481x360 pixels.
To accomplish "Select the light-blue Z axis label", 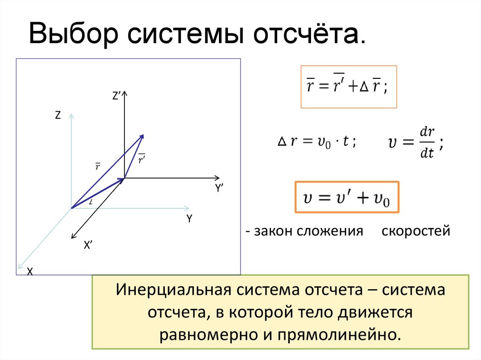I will click(58, 115).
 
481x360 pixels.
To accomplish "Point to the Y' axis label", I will click(219, 189).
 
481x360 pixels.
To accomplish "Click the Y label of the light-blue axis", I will click(189, 218).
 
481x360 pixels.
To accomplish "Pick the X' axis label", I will click(87, 244).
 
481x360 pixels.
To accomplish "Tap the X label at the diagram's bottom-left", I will click(29, 271).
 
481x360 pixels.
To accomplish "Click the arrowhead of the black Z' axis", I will click(124, 94).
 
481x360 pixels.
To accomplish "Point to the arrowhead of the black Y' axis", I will click(217, 178).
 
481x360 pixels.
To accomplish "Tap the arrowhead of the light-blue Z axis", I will click(71, 115).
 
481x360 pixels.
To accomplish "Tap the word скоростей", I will click(416, 231).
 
